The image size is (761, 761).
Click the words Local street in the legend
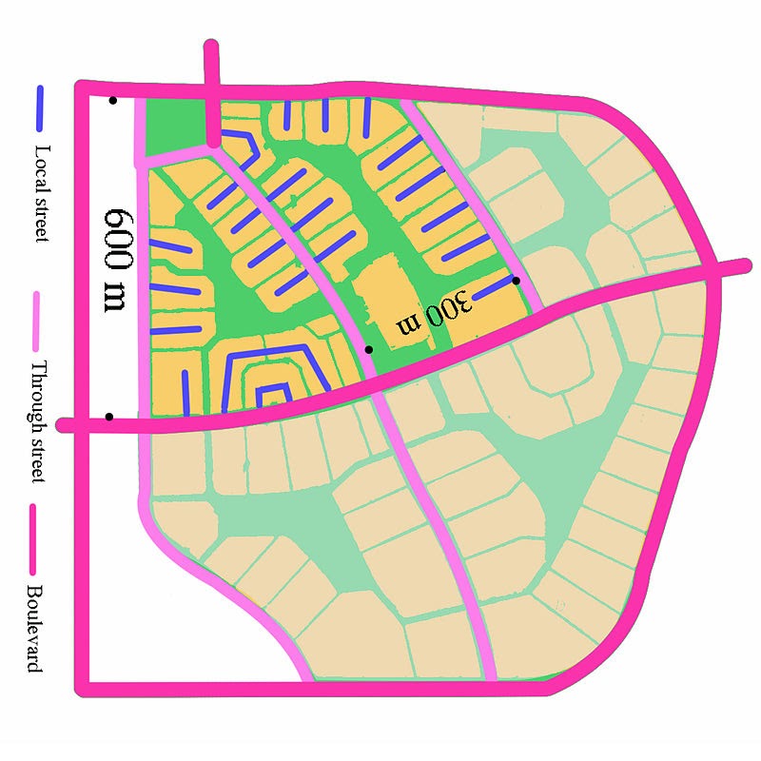[x=40, y=191]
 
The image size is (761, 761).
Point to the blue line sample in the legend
[x=40, y=108]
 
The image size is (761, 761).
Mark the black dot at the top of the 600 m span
[x=113, y=100]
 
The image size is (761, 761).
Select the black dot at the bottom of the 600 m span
[x=109, y=417]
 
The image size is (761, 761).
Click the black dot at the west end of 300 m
[x=369, y=349]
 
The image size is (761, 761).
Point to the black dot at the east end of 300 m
[x=516, y=281]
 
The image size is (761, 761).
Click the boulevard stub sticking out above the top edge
[x=212, y=62]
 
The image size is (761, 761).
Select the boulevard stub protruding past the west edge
[x=68, y=425]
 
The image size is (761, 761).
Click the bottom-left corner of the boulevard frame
[x=84, y=686]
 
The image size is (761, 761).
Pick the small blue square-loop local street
[x=274, y=394]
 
